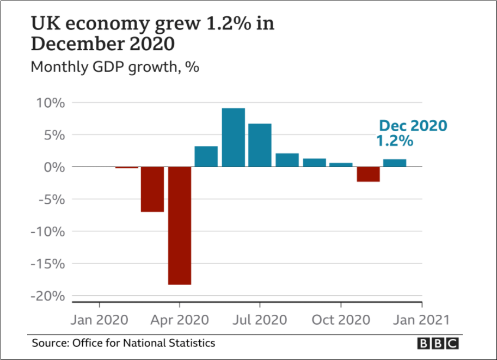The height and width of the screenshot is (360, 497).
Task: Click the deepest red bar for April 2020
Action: (180, 225)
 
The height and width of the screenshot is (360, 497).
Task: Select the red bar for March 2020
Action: (152, 189)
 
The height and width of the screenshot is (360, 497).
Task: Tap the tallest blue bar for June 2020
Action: (234, 137)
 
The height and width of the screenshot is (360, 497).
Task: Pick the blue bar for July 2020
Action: (260, 145)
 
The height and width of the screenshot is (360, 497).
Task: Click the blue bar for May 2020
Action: (206, 156)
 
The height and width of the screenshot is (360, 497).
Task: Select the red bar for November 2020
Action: (369, 174)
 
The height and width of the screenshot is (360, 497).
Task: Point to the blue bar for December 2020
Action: (395, 163)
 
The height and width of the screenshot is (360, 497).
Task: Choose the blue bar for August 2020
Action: (287, 160)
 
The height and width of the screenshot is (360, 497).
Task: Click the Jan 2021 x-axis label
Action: (422, 319)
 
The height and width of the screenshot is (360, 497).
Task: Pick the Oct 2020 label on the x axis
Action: (341, 319)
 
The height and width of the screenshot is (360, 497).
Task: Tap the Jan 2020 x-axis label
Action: (100, 319)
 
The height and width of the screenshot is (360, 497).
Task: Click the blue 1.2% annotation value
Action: (395, 141)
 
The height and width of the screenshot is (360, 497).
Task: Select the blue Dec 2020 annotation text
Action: (413, 126)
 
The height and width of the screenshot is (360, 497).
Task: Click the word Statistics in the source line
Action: (191, 343)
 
